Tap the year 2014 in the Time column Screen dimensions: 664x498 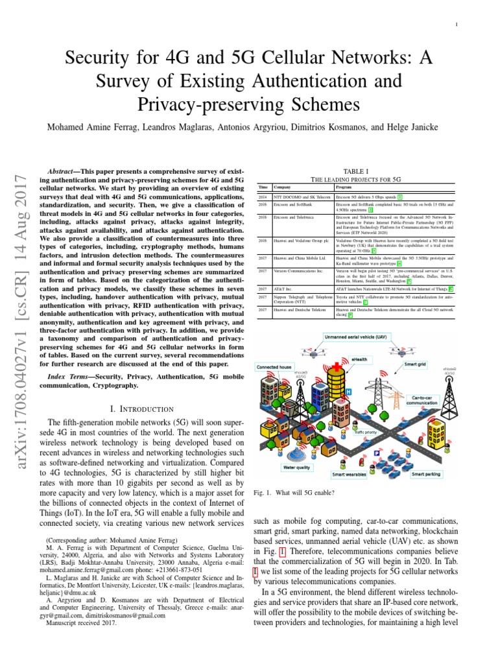coord(263,196)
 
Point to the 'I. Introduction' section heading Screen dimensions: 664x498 coord(142,409)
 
